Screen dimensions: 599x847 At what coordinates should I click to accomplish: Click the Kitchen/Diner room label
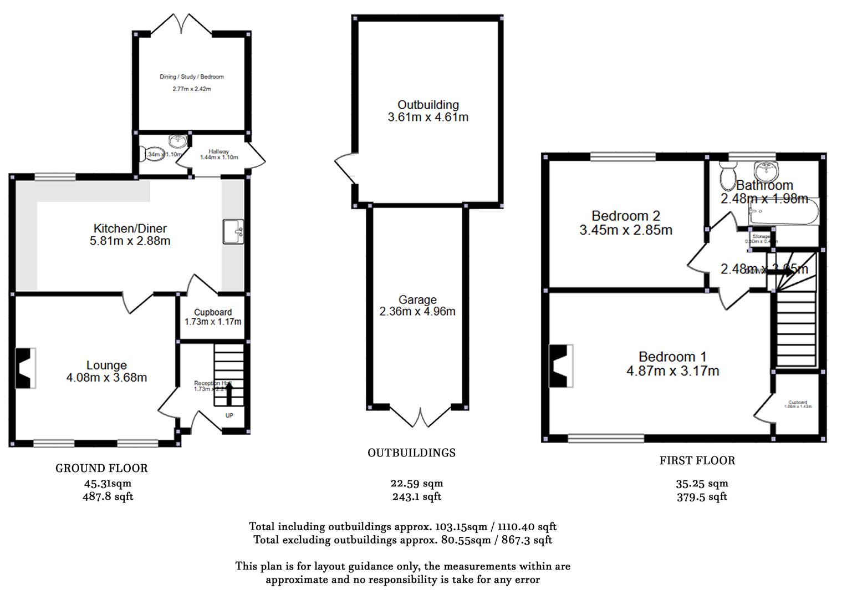130,229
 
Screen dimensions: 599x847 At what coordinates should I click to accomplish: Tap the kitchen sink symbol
233,231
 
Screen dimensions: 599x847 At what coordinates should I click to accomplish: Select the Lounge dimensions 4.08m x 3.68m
106,378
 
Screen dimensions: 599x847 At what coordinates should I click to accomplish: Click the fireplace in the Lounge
25,368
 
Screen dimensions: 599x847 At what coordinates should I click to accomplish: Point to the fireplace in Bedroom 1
560,366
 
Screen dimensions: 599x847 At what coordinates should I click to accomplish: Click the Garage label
417,299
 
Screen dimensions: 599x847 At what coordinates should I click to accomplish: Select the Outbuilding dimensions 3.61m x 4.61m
428,117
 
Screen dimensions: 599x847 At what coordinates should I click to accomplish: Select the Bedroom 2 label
626,216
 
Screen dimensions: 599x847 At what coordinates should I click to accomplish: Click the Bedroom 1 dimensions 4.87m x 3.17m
672,371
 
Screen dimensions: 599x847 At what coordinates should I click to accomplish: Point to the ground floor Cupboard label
213,312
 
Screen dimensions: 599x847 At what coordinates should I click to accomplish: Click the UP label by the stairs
229,415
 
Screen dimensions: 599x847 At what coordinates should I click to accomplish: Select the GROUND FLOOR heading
101,468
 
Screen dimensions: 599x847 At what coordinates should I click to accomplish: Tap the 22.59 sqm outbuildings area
417,483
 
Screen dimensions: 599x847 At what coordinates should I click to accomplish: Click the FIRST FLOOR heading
697,460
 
